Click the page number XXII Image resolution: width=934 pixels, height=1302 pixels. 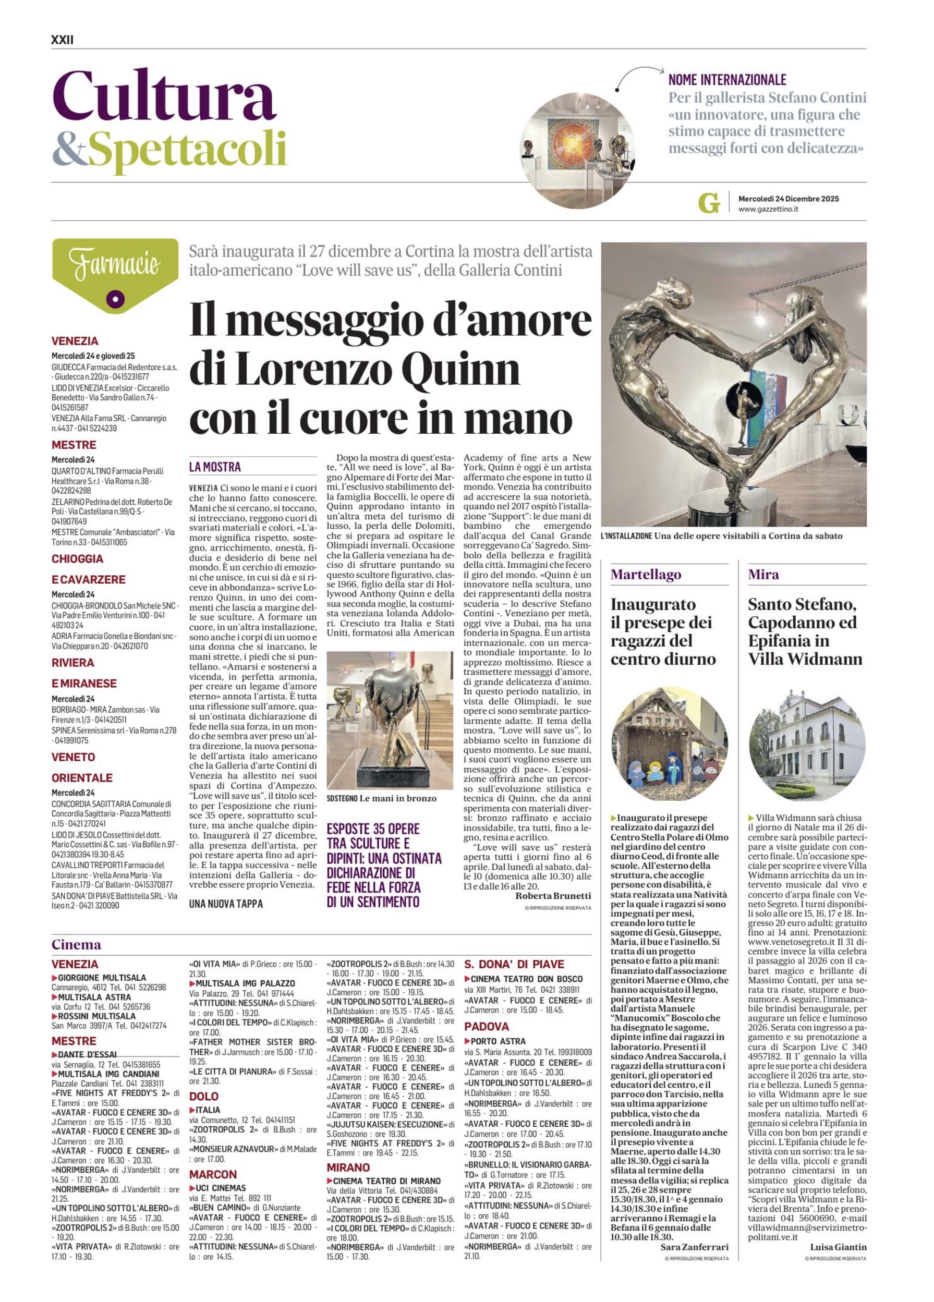click(x=63, y=40)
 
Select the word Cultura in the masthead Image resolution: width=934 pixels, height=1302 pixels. click(x=164, y=95)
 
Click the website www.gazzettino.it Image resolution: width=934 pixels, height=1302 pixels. click(x=768, y=209)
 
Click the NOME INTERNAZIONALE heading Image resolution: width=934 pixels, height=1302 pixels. click(x=727, y=80)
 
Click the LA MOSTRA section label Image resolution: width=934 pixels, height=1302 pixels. click(x=215, y=467)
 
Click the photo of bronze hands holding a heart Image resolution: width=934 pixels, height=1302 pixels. click(x=389, y=720)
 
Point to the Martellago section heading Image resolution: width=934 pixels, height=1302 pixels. click(x=646, y=574)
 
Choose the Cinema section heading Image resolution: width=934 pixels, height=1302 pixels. click(x=76, y=944)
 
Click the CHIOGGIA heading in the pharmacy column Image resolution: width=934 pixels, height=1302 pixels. click(x=78, y=558)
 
